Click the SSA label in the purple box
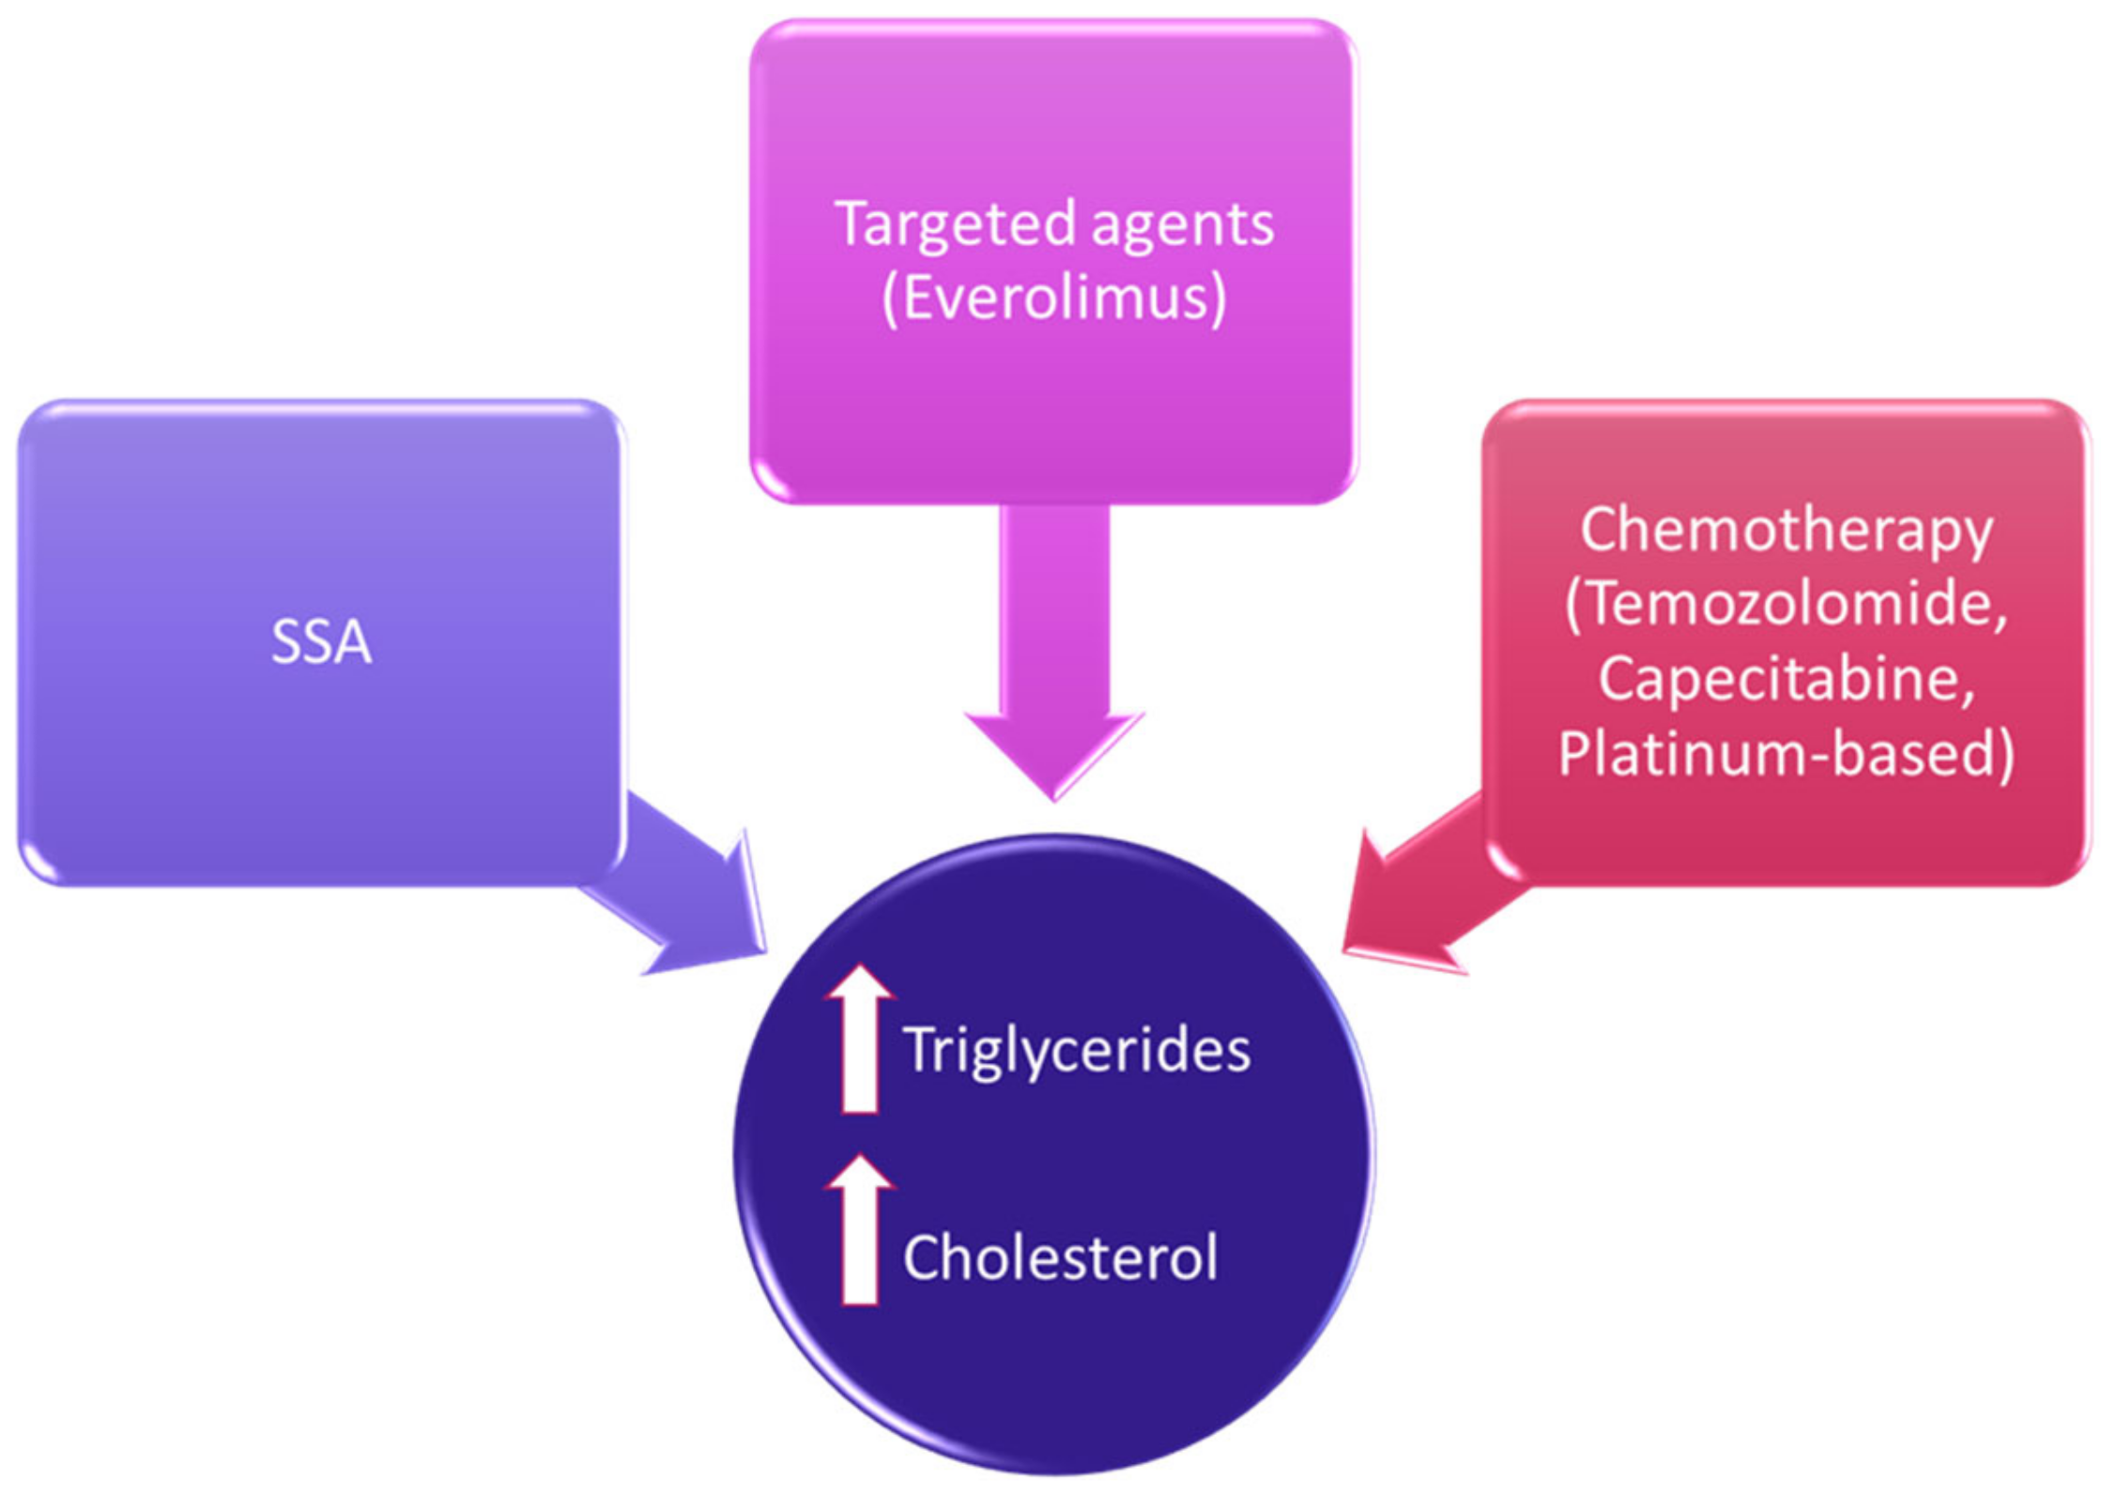321,643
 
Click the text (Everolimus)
1053,299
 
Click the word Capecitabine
1786,678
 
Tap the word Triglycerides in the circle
1077,1051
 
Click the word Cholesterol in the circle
1060,1258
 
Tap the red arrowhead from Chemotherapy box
1389,916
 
